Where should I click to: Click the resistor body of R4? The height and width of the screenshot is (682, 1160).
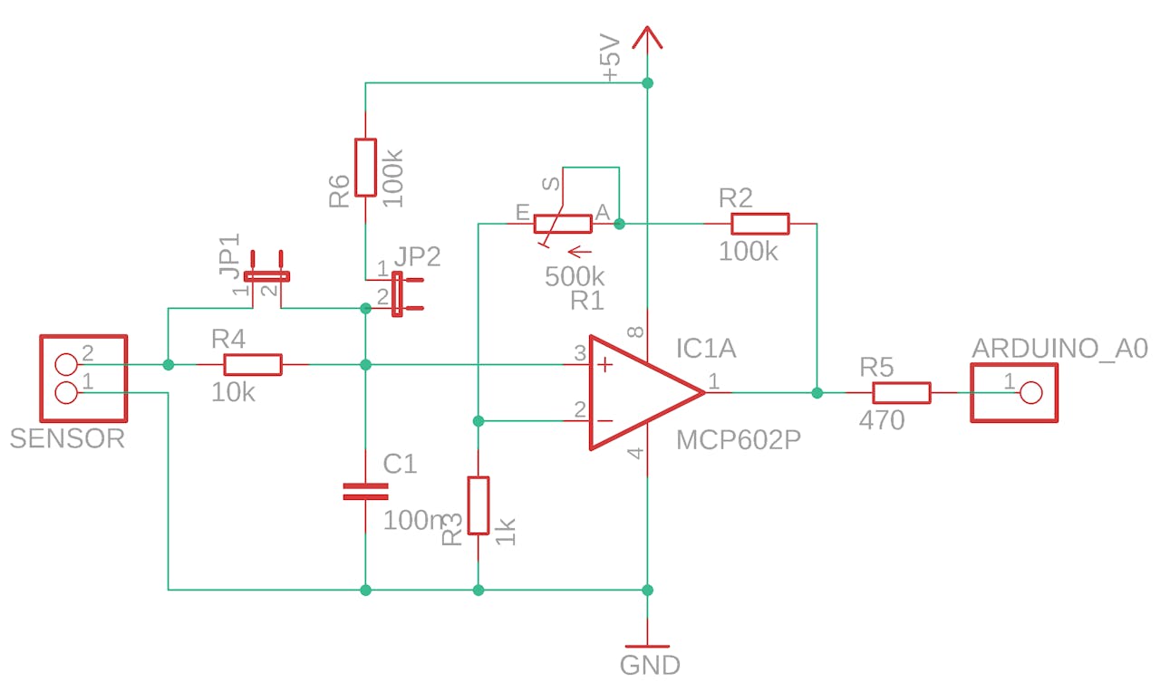[x=253, y=365]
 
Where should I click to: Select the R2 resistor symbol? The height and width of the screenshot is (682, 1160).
[x=760, y=224]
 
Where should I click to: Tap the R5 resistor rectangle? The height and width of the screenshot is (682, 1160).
[x=901, y=392]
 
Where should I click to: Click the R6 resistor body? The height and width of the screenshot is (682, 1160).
[x=365, y=168]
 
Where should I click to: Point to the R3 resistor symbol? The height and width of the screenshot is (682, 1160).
[x=478, y=504]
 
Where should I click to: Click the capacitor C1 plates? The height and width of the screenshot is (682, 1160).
[x=365, y=492]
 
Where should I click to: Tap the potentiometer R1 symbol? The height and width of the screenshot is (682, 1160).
[x=562, y=224]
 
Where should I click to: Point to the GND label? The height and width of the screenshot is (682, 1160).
[x=649, y=666]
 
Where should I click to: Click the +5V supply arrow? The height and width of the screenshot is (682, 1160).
[x=647, y=40]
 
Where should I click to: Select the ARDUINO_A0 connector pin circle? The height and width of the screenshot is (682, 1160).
[x=1030, y=392]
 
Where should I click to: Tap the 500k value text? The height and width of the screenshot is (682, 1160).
[x=575, y=277]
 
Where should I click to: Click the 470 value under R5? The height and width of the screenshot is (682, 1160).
[x=882, y=419]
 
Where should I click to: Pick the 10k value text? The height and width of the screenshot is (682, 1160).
[x=235, y=393]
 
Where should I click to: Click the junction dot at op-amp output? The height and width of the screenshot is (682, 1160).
[x=817, y=392]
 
